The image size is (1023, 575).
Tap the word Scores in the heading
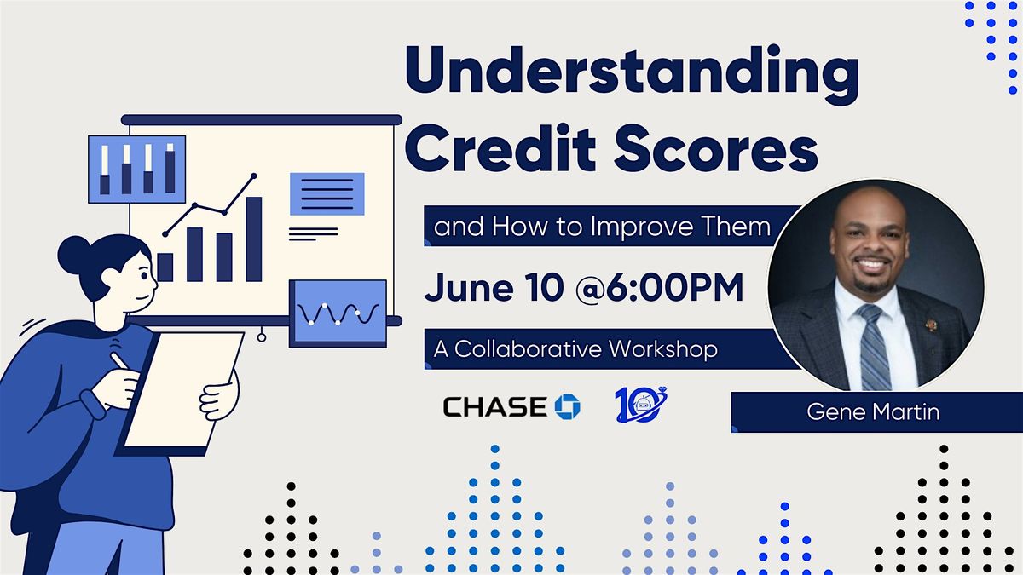tap(715, 148)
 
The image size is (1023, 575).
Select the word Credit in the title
tap(500, 147)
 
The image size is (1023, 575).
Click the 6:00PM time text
tap(675, 287)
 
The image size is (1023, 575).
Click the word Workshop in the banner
tap(663, 349)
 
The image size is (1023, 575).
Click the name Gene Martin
tap(873, 412)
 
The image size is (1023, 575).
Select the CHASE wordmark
tap(495, 406)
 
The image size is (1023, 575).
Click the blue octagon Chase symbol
tap(567, 406)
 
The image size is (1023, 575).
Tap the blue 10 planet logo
tap(641, 405)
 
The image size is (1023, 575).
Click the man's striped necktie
tap(873, 347)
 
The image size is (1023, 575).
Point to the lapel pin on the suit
tap(929, 325)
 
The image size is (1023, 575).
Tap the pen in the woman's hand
tap(118, 360)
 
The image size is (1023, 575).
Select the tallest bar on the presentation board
tap(254, 239)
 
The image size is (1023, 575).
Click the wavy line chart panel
tap(338, 313)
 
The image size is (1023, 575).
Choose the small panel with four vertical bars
tap(137, 170)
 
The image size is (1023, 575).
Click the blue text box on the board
tap(327, 194)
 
